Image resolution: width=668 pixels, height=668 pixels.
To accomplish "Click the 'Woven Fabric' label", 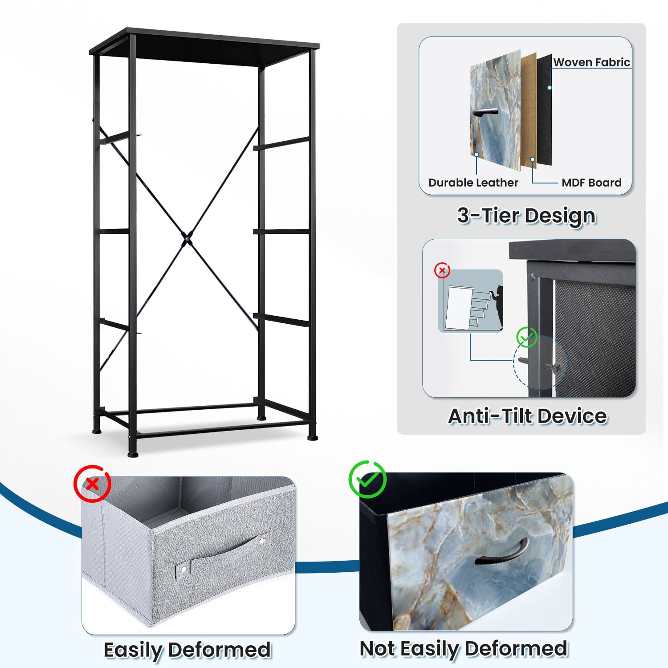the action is (x=591, y=62).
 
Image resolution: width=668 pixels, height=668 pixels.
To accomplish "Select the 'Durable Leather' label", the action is (x=473, y=183).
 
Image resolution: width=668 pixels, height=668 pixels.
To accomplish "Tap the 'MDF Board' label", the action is (x=591, y=183).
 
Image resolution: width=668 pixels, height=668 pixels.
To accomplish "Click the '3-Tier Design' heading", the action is (x=526, y=216).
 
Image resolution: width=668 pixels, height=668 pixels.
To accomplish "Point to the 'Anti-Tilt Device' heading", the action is (x=528, y=416).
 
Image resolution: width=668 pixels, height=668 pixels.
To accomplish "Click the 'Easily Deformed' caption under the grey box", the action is (x=187, y=650).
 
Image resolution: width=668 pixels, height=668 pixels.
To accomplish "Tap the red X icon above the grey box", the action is (x=92, y=484).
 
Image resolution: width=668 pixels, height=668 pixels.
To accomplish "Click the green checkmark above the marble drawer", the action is (x=367, y=479).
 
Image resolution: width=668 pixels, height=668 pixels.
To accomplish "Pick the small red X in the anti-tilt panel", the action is (x=442, y=270).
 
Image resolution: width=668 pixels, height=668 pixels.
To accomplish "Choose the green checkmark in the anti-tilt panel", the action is (x=527, y=338).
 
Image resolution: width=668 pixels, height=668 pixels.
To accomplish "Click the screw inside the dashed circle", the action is (x=552, y=367).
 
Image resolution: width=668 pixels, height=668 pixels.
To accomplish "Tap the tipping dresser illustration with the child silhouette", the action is (x=471, y=301).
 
